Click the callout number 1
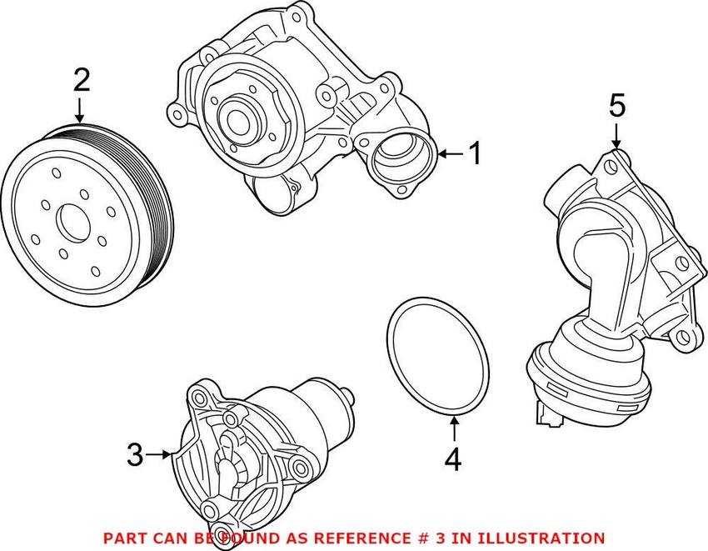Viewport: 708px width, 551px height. (474, 153)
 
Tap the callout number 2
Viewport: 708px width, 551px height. (81, 81)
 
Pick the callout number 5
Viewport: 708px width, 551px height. (616, 106)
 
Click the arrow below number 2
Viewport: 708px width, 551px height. (81, 110)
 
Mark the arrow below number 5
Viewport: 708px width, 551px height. (616, 135)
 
